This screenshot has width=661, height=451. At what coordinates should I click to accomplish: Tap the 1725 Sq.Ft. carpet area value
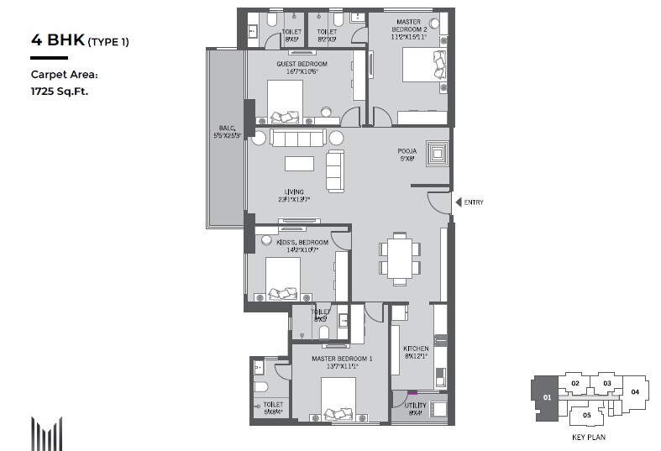coord(60,90)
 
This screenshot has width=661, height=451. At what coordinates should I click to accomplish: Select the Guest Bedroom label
coord(302,68)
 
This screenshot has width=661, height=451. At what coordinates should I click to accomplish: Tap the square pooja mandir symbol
coord(437,155)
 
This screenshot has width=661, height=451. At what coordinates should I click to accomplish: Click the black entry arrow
coord(457,202)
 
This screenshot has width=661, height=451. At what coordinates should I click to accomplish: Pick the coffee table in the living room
coord(301,163)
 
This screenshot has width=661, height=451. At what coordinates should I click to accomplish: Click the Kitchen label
coord(416,352)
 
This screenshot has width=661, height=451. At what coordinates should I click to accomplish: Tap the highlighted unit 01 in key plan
coord(545,396)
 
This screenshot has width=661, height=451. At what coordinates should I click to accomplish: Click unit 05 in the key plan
coord(587,415)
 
